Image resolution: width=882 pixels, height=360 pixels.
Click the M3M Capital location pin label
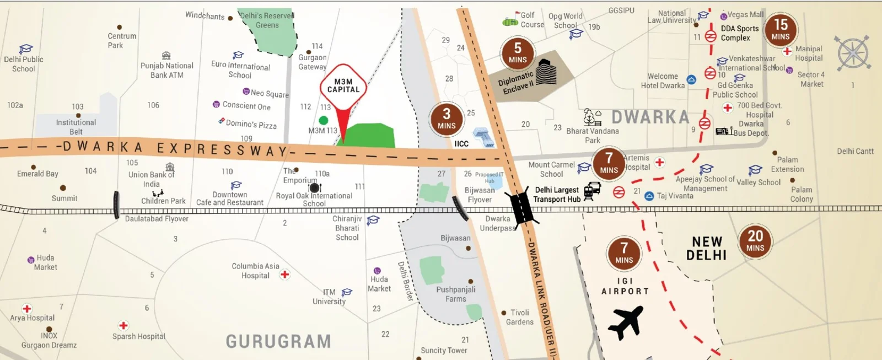click(x=343, y=86)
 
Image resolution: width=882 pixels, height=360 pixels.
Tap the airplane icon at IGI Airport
click(x=625, y=322)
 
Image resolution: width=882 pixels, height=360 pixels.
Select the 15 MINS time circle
click(x=781, y=30)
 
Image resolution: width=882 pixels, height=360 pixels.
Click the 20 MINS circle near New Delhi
click(x=755, y=241)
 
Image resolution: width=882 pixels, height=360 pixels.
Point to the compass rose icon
click(x=853, y=53)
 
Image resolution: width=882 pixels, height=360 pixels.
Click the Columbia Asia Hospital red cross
click(x=284, y=274)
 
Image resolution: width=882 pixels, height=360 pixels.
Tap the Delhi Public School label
click(x=23, y=64)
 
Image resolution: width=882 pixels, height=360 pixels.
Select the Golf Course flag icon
click(x=510, y=20)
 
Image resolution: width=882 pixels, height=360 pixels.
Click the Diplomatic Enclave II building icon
click(x=546, y=72)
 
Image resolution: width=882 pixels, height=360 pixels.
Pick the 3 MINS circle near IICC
click(x=447, y=119)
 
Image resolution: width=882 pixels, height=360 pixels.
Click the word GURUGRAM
click(x=278, y=341)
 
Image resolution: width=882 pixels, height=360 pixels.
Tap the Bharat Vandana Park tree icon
click(x=592, y=117)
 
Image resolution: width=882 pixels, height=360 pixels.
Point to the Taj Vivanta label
click(x=675, y=196)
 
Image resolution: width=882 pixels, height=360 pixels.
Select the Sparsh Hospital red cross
click(x=123, y=325)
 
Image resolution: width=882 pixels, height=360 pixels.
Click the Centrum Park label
click(x=121, y=40)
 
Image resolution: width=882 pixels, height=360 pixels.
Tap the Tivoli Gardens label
click(x=519, y=317)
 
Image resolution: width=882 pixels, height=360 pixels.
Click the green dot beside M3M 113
click(x=324, y=120)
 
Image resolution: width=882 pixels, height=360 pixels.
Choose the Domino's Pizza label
click(x=251, y=125)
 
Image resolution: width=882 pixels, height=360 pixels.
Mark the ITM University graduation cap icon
click(x=347, y=292)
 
